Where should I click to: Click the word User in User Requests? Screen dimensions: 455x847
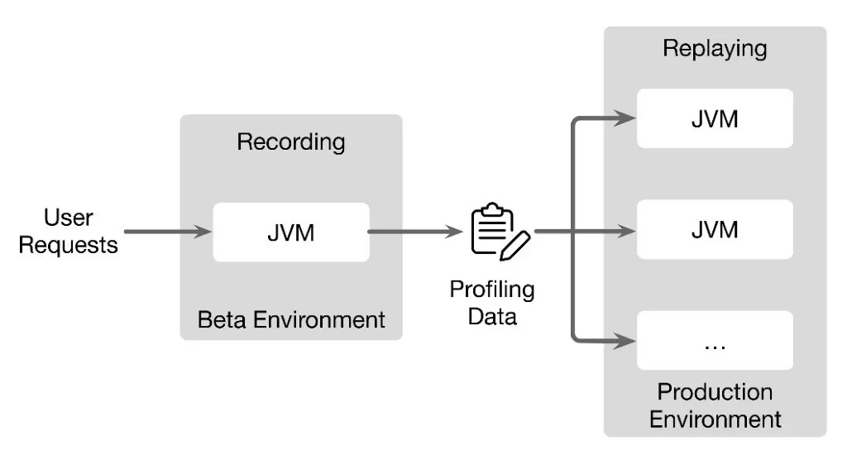[69, 218]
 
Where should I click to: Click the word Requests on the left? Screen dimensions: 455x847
[69, 245]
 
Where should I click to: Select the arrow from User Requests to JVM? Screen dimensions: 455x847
[165, 232]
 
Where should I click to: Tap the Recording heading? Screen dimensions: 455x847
[291, 141]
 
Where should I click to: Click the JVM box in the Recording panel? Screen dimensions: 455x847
[290, 232]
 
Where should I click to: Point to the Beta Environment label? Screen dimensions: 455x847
[291, 319]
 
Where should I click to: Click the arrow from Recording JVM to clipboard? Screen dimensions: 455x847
[414, 232]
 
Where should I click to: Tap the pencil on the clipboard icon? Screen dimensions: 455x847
[516, 244]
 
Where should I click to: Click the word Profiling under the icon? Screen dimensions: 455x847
[492, 290]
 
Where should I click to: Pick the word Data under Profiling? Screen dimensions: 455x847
[492, 317]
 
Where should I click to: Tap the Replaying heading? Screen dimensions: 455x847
[715, 48]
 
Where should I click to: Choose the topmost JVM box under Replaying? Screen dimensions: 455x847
[715, 118]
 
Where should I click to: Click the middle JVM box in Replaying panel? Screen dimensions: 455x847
[715, 229]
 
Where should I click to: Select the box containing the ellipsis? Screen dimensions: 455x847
[715, 340]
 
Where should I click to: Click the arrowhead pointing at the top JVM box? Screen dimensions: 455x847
[626, 118]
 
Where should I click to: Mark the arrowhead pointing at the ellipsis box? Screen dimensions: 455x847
[626, 339]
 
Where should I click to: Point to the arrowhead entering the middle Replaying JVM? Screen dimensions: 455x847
[626, 232]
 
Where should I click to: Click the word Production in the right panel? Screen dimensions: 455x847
[715, 391]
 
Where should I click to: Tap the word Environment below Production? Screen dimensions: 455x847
[715, 419]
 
